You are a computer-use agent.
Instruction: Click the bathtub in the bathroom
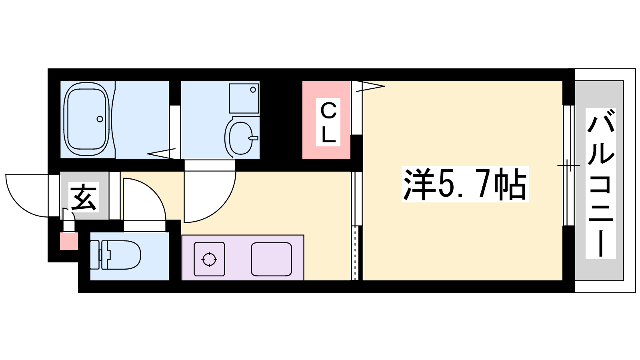tap(86, 120)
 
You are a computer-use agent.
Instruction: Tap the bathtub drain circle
tap(100, 119)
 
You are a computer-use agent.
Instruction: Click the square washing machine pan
tap(244, 98)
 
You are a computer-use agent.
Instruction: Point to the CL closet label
tap(328, 122)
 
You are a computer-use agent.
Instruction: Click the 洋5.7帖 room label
tap(465, 184)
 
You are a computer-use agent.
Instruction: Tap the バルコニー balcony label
tap(600, 184)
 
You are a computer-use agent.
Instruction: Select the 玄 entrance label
tap(84, 197)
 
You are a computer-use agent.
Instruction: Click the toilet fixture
tap(116, 255)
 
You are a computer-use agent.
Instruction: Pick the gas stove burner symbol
tap(209, 260)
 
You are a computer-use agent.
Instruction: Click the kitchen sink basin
tap(272, 259)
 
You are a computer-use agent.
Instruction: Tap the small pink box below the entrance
tap(69, 241)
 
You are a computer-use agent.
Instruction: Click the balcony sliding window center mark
tap(568, 166)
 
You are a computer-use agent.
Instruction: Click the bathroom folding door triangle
tap(162, 154)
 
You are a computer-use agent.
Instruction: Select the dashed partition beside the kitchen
tap(355, 253)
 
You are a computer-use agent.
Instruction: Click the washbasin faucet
tap(254, 138)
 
